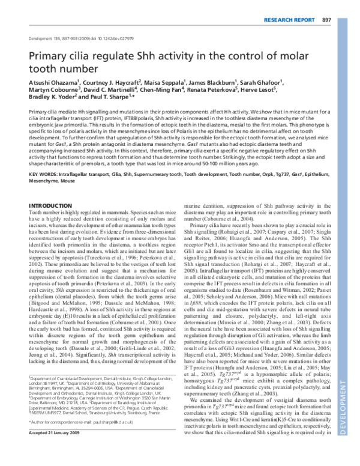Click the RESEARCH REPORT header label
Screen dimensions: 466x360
[289, 6]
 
